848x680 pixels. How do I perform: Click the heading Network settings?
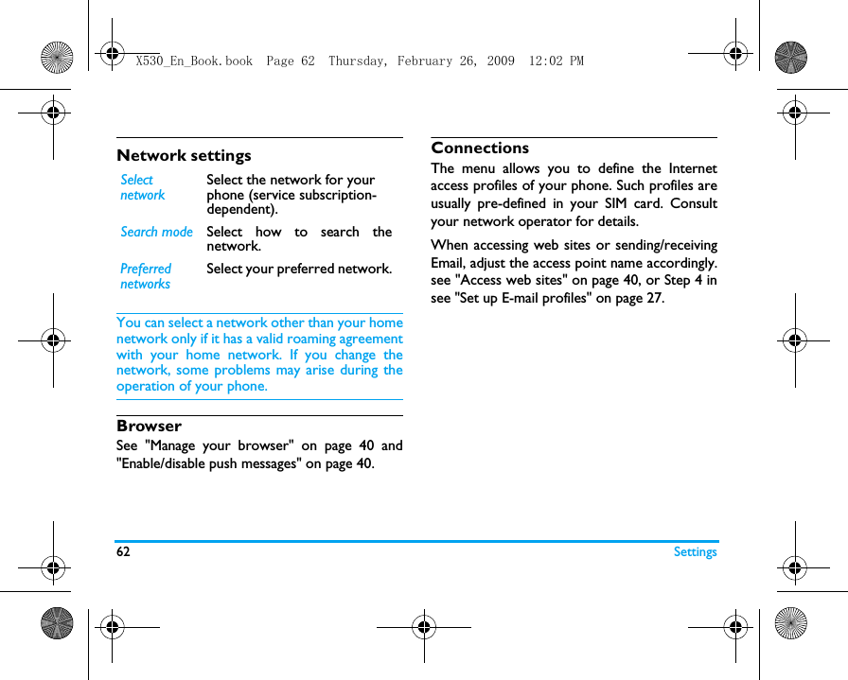(x=184, y=155)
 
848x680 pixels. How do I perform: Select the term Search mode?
(x=156, y=232)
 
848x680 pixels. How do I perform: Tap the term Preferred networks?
(x=146, y=276)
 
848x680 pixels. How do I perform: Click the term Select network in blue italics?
(x=142, y=187)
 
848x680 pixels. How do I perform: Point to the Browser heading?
(x=149, y=426)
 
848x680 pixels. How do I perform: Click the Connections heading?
(x=480, y=148)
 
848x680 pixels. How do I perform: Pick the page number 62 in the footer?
(x=123, y=552)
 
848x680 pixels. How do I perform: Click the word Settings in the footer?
(x=695, y=552)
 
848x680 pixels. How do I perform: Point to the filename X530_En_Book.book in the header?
(x=194, y=61)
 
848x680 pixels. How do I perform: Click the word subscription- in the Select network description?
(x=337, y=195)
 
